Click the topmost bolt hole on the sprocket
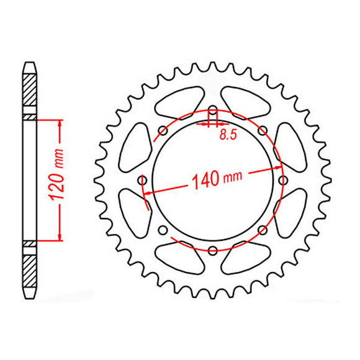tap(212, 111)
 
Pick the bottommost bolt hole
tap(212, 250)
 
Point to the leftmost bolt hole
tap(143, 181)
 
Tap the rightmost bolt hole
tap(282, 181)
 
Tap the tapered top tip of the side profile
tap(30, 65)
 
